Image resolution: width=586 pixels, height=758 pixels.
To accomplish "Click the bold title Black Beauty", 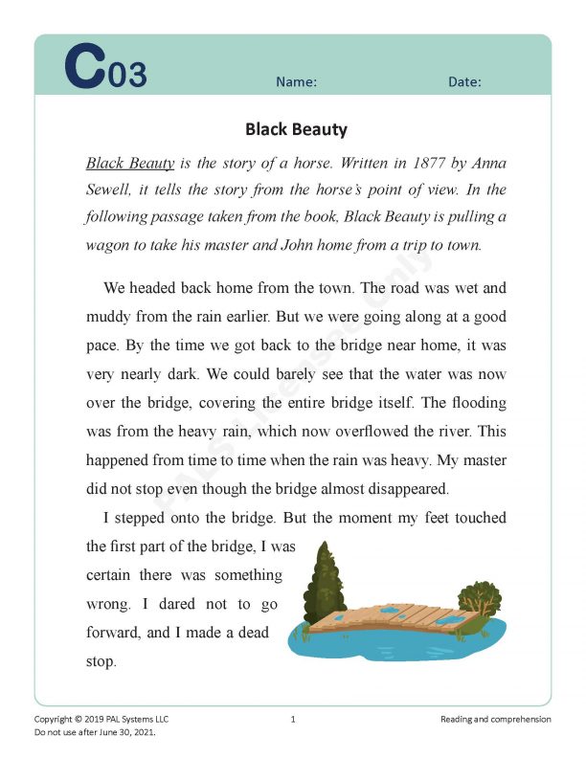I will tap(296, 128).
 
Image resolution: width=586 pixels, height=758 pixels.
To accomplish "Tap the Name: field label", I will tap(296, 82).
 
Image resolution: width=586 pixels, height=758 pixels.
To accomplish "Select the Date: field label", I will tap(464, 82).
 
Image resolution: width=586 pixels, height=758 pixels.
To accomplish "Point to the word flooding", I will tap(472, 402).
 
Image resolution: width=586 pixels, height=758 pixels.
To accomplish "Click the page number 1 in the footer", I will tap(293, 719).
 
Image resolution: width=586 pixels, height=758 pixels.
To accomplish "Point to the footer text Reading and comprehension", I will tap(495, 719).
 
